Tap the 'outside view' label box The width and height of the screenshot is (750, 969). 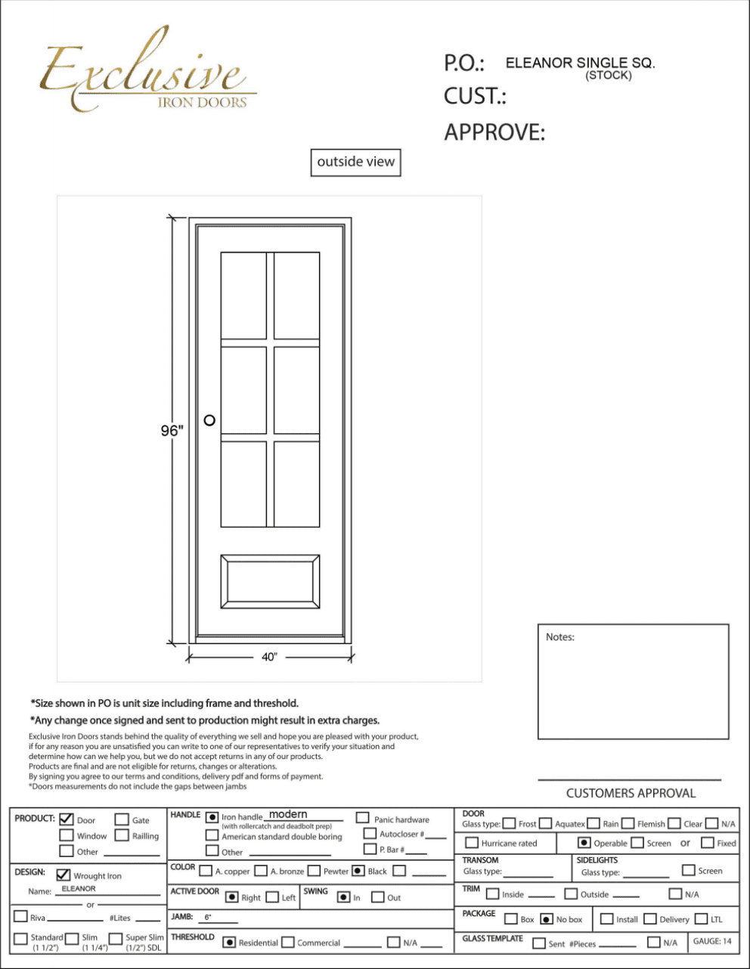(355, 162)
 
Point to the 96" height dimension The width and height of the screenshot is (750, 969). (172, 430)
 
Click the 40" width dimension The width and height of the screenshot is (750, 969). (269, 657)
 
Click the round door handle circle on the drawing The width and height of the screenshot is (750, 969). (209, 420)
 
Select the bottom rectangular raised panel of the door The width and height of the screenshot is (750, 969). (270, 581)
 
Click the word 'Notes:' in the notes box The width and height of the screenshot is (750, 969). (560, 637)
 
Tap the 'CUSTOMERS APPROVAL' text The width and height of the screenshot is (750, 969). (631, 793)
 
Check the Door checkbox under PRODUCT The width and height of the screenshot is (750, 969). (67, 819)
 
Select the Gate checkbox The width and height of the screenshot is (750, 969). (122, 819)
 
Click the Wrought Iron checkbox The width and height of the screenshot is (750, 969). (64, 875)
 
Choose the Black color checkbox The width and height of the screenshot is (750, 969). (358, 871)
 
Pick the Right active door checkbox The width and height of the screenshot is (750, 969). (232, 897)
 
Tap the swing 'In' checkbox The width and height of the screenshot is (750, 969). (344, 897)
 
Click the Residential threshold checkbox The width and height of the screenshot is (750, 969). (229, 943)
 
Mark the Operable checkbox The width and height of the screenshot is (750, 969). (584, 842)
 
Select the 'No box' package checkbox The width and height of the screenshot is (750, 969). (547, 919)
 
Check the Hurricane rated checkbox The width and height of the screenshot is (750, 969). (472, 842)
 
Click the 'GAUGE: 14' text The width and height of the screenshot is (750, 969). (712, 941)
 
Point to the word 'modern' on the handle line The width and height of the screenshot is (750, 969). (288, 814)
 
